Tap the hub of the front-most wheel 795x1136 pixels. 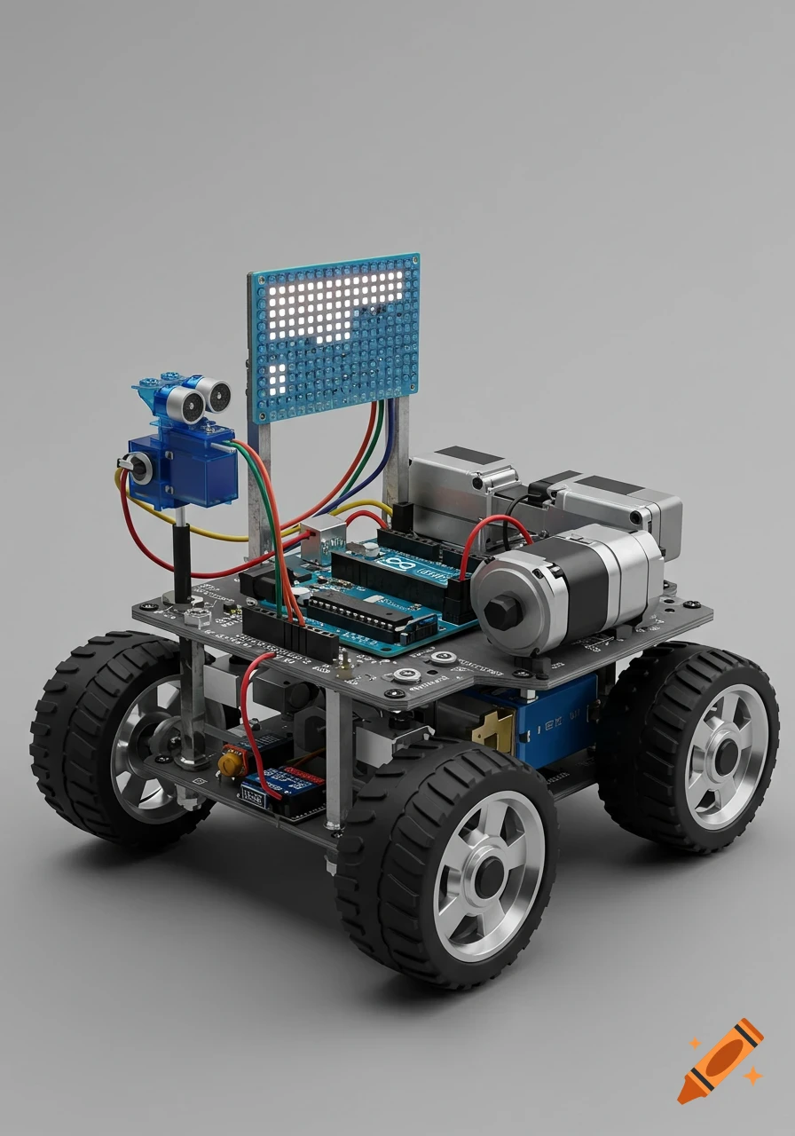coord(487,880)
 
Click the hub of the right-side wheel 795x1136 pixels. coord(726,755)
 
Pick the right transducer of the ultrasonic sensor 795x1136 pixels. coord(216,391)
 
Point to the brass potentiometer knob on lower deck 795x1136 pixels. coord(231,760)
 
